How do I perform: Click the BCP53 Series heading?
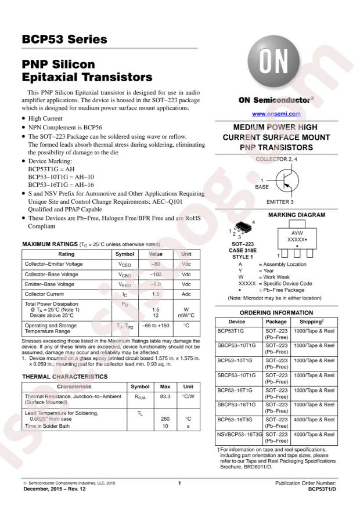(64, 40)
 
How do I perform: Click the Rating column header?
(66, 254)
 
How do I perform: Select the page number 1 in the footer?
(180, 483)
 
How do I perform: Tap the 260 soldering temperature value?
(164, 418)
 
